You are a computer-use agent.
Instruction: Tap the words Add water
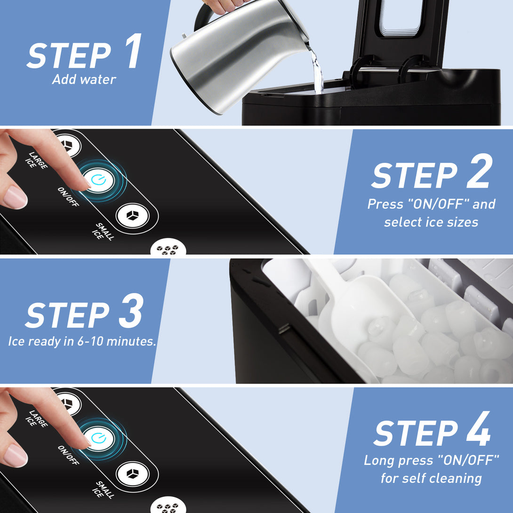84,80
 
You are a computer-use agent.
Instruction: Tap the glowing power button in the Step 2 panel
98,180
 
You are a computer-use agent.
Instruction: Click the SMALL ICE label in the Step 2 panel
103,232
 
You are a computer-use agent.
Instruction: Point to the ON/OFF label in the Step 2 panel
68,197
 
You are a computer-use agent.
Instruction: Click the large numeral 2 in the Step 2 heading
479,171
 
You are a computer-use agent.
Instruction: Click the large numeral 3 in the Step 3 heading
131,311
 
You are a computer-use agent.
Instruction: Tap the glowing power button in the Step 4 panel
98,439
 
